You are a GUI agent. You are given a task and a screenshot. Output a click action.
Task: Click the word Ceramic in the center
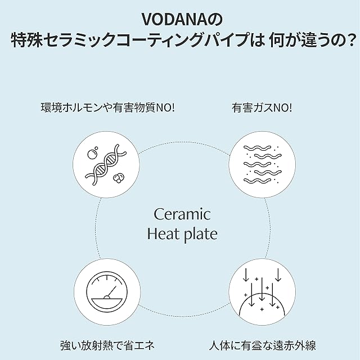click(x=182, y=214)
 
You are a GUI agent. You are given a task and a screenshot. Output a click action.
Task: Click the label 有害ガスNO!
click(x=262, y=107)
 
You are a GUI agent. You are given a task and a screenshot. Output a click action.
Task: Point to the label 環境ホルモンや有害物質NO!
click(x=108, y=107)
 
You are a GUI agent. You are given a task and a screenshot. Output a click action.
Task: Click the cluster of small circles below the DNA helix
click(x=118, y=178)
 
